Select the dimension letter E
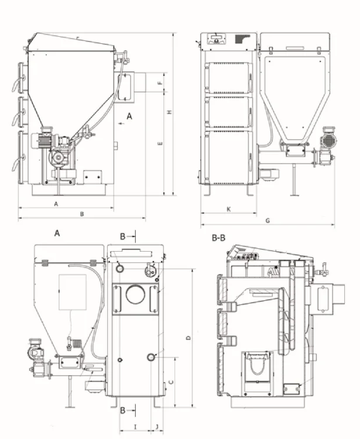pyautogui.click(x=160, y=142)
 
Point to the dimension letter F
pyautogui.click(x=159, y=83)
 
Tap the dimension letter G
pyautogui.click(x=267, y=220)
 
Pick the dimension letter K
pyautogui.click(x=228, y=209)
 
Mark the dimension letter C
pyautogui.click(x=170, y=382)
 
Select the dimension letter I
pyautogui.click(x=135, y=426)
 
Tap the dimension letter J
pyautogui.click(x=157, y=426)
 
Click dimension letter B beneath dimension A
pyautogui.click(x=82, y=214)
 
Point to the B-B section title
pyautogui.click(x=219, y=238)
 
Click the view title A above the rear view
pyautogui.click(x=57, y=233)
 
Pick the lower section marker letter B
pyautogui.click(x=122, y=410)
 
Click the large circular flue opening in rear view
pyautogui.click(x=134, y=295)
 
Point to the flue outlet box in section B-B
pyautogui.click(x=323, y=296)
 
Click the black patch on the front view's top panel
pyautogui.click(x=241, y=39)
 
